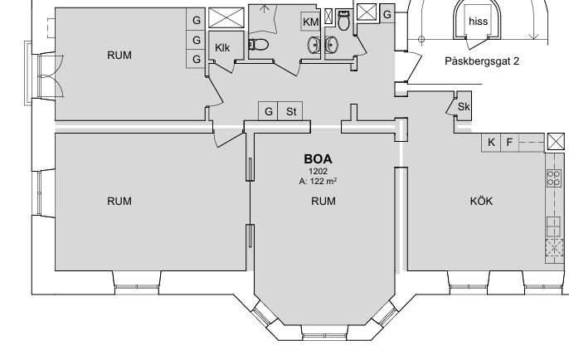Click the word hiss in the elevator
coord(479,22)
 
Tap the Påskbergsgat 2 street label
coord(482,61)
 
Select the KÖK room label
coord(482,201)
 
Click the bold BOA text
coord(318,159)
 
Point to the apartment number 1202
coord(318,171)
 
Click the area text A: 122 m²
coord(318,181)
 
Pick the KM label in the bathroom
coord(310,22)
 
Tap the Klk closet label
coord(222,47)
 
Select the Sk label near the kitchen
coord(464,107)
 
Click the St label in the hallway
coord(291,111)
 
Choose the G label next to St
coord(268,111)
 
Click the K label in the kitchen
coord(491,143)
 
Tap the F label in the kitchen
coord(509,143)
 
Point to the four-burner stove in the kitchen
coord(554,178)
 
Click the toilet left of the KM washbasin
coord(259,45)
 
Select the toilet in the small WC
coord(343,20)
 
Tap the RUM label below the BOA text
coord(323,201)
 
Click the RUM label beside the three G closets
coord(119,55)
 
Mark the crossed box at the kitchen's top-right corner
coord(556,142)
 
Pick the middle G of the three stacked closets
coord(197,40)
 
